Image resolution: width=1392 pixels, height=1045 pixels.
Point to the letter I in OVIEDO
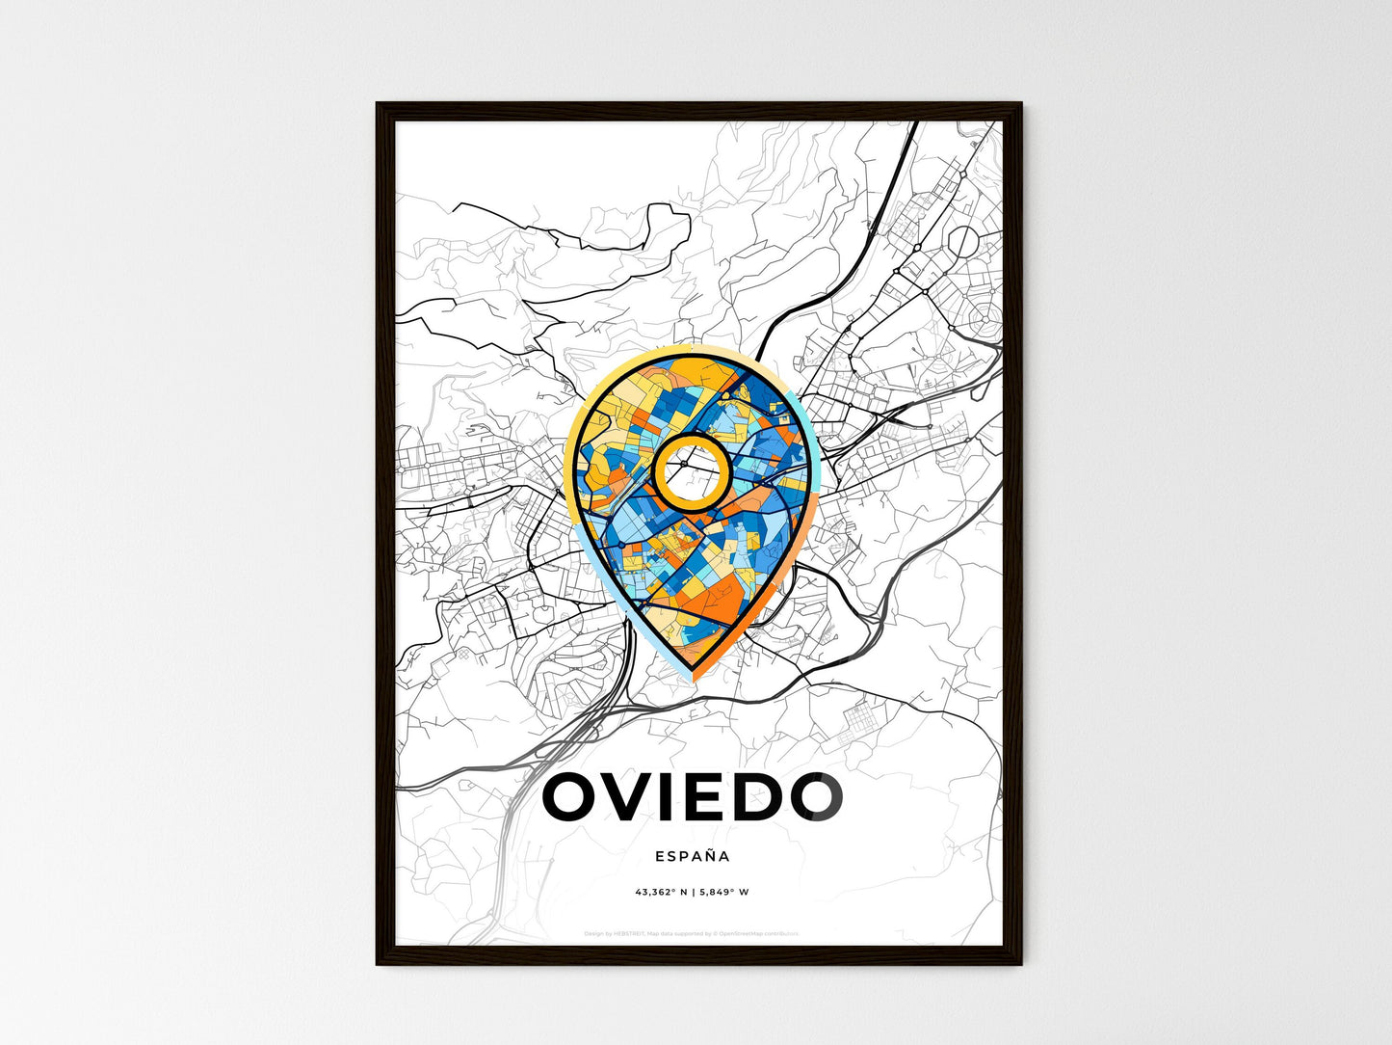point(679,797)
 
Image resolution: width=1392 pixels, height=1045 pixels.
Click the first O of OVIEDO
point(576,797)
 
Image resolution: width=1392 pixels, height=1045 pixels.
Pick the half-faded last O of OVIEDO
point(817,797)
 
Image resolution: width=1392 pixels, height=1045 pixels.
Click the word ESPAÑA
point(692,855)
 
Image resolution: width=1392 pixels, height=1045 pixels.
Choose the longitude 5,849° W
point(723,892)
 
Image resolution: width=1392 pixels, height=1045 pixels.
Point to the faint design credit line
point(692,933)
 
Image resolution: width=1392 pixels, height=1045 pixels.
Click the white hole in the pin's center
point(689,469)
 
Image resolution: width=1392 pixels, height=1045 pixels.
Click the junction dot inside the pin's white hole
point(683,465)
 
